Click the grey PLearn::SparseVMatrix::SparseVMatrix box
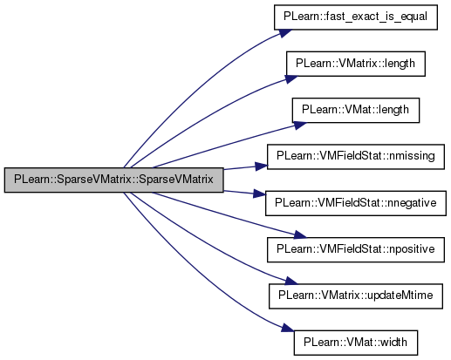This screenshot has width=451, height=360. [113, 180]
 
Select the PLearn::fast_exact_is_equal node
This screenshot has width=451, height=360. [356, 17]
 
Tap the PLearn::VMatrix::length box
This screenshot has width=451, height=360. [356, 64]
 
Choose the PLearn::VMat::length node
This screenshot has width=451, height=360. [356, 110]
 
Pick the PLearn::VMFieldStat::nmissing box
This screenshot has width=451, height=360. [356, 157]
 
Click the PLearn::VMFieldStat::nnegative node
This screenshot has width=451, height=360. [356, 203]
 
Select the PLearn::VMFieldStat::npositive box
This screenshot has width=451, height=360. [356, 249]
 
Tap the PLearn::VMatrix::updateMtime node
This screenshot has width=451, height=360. [356, 296]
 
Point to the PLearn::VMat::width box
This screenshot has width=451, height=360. [356, 343]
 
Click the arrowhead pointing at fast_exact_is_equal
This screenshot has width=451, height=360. [285, 33]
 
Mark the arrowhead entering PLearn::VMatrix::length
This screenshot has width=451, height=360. [291, 79]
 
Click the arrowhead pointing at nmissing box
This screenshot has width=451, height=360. [261, 166]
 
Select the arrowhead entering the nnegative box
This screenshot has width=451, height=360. [259, 194]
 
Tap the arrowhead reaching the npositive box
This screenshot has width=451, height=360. [300, 234]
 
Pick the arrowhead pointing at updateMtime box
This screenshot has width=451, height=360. [291, 281]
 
